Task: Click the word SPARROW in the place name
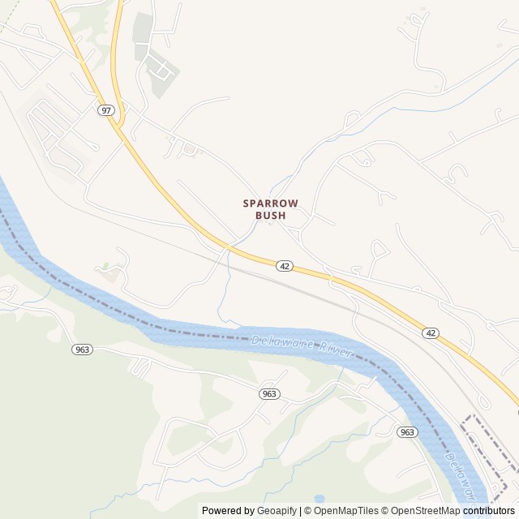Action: (271, 203)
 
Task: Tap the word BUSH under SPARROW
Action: (271, 216)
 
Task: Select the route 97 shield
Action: (106, 109)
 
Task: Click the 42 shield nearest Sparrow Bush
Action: (284, 265)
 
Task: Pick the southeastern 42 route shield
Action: (431, 332)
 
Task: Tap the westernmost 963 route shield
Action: (82, 350)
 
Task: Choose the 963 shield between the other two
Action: (270, 393)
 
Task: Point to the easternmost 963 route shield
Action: (408, 432)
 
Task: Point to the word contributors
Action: (489, 511)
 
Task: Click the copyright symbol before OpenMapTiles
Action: (309, 511)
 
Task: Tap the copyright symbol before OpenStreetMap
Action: (386, 511)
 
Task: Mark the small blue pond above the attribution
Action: (319, 498)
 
